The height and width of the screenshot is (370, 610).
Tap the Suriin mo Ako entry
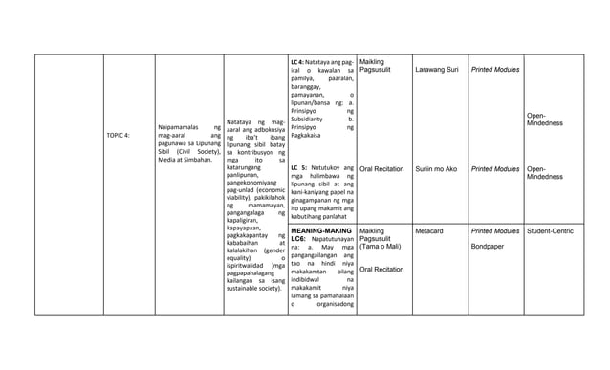(x=436, y=169)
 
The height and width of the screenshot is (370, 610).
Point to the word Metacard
(x=429, y=231)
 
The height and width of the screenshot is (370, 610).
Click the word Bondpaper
(x=488, y=247)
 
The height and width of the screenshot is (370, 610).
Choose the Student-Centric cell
(x=550, y=231)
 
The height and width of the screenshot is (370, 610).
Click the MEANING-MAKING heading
(x=320, y=231)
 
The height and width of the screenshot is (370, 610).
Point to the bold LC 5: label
(x=298, y=168)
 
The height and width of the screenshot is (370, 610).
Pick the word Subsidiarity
(x=314, y=120)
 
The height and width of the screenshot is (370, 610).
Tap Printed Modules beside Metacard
(x=494, y=231)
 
